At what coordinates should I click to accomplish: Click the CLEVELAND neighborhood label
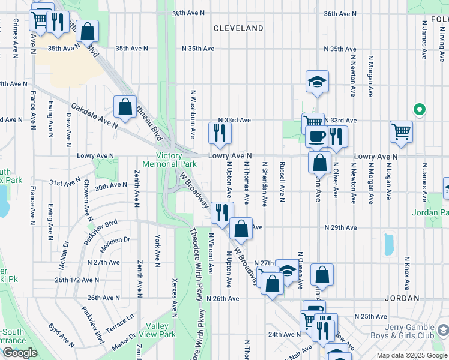pos(238,28)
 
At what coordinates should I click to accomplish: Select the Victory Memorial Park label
pos(169,160)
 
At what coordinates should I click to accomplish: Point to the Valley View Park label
pos(157,330)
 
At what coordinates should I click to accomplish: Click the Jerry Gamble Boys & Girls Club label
pos(402,332)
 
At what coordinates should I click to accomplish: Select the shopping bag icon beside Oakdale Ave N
pos(125,107)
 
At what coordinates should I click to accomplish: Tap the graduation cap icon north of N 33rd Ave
pos(317,83)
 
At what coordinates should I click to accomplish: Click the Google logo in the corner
pos(20,353)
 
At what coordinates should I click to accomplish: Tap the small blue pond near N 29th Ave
pos(388,243)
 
